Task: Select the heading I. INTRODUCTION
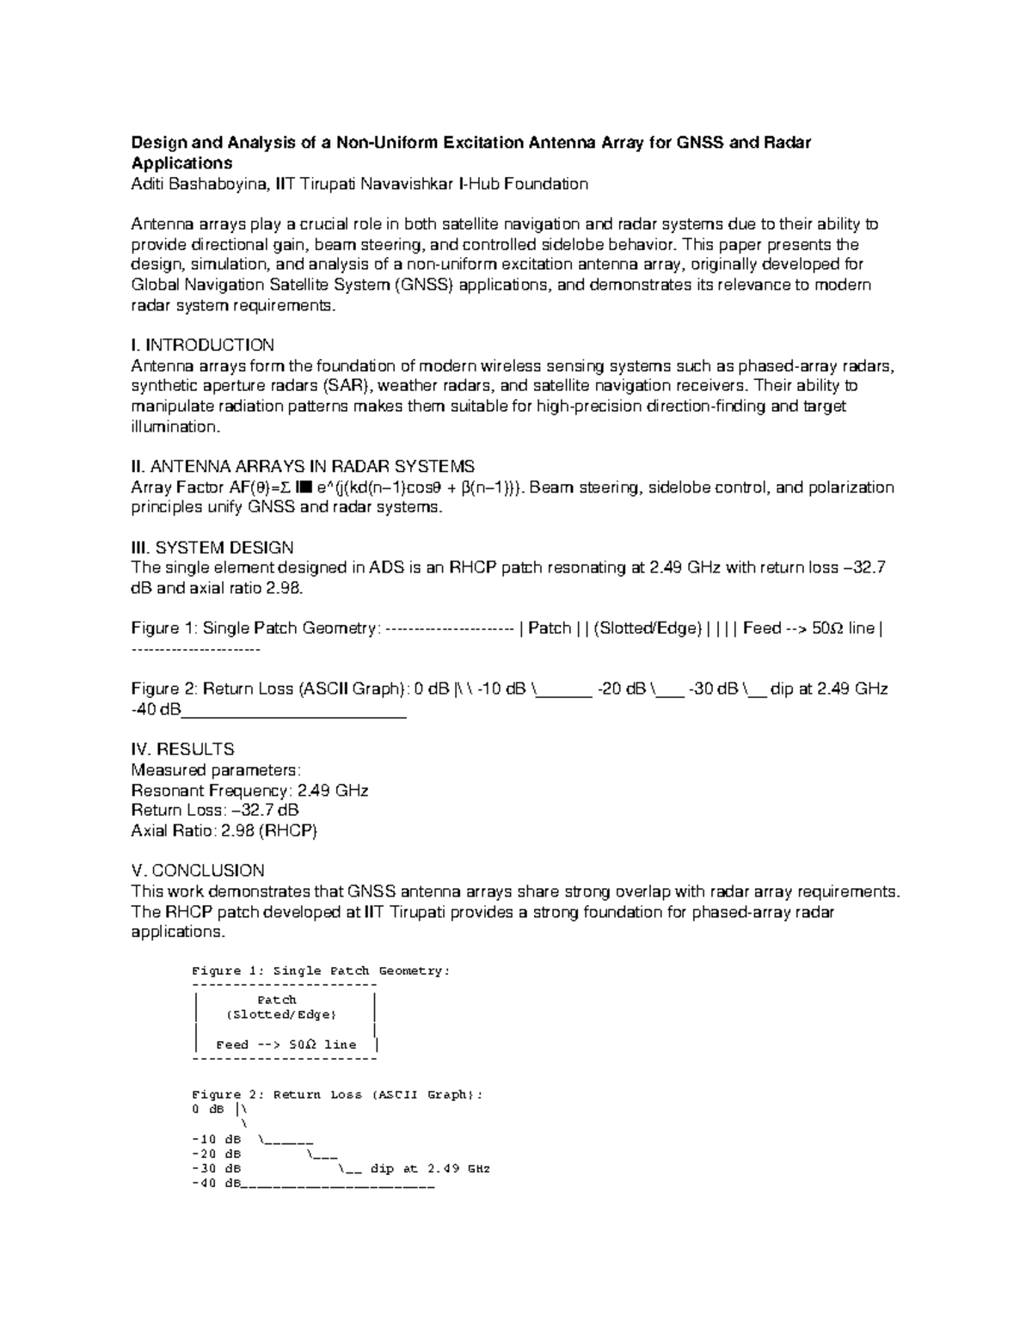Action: [x=202, y=345]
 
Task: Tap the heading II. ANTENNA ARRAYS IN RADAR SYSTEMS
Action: [x=302, y=467]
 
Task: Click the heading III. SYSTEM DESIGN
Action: [x=212, y=548]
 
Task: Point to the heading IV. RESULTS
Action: [x=182, y=749]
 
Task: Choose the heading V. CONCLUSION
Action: [x=197, y=870]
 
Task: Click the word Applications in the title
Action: [x=181, y=163]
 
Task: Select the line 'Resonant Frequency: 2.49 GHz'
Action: [x=249, y=790]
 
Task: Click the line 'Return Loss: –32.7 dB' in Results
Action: [x=215, y=810]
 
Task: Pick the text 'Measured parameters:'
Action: [x=216, y=769]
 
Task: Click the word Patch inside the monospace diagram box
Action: [x=277, y=1000]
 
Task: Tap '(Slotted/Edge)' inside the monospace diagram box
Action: [x=280, y=1014]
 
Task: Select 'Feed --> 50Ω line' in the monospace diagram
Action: [x=286, y=1044]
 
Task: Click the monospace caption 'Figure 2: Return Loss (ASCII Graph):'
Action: [x=337, y=1094]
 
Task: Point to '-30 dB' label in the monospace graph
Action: [x=216, y=1168]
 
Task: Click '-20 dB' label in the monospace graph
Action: [x=216, y=1154]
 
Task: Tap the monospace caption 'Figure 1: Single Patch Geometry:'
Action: [x=321, y=971]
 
